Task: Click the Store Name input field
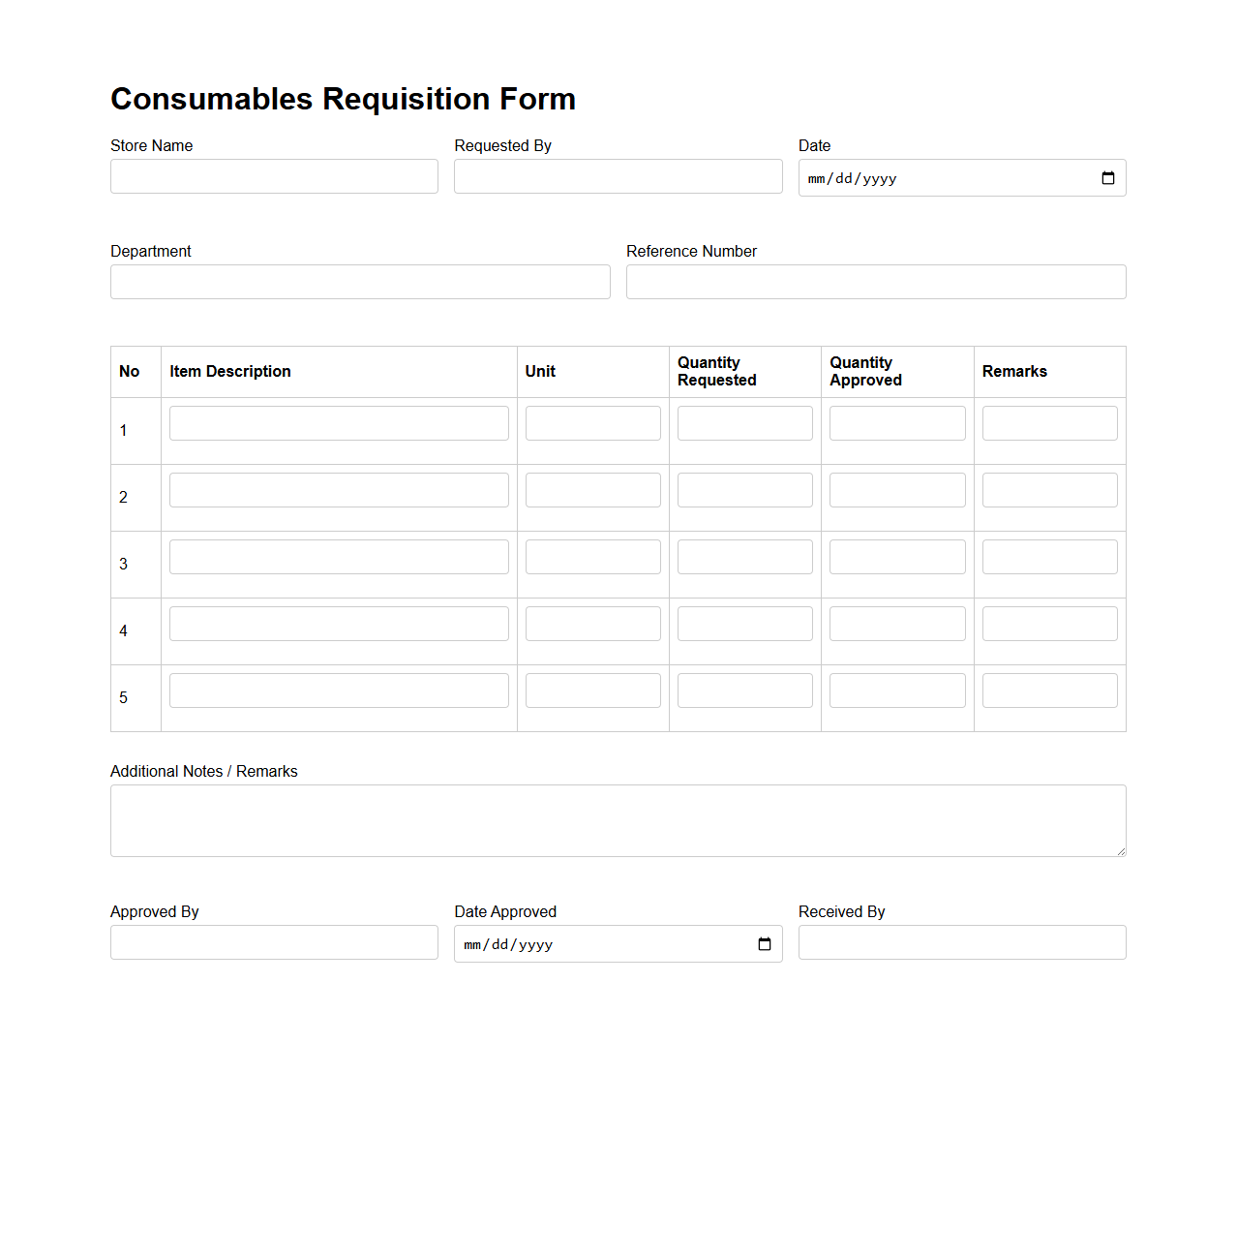[x=274, y=176]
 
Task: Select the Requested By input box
[x=618, y=176]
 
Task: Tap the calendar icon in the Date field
[x=1108, y=178]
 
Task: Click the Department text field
[x=360, y=282]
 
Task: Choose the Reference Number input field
[x=875, y=282]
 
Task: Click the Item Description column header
[x=230, y=372]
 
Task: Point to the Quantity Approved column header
[x=865, y=372]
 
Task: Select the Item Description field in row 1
[x=339, y=423]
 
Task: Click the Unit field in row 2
[x=592, y=490]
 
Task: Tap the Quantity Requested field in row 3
[x=744, y=557]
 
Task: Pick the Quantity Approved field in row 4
[x=897, y=624]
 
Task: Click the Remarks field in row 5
[x=1049, y=691]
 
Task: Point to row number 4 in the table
[x=123, y=631]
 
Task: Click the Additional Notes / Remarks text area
[x=618, y=820]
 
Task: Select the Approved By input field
[x=274, y=942]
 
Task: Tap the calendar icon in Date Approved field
[x=765, y=944]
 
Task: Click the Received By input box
[x=961, y=942]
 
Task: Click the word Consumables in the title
[x=211, y=99]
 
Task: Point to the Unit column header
[x=540, y=372]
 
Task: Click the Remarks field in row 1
[x=1049, y=423]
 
